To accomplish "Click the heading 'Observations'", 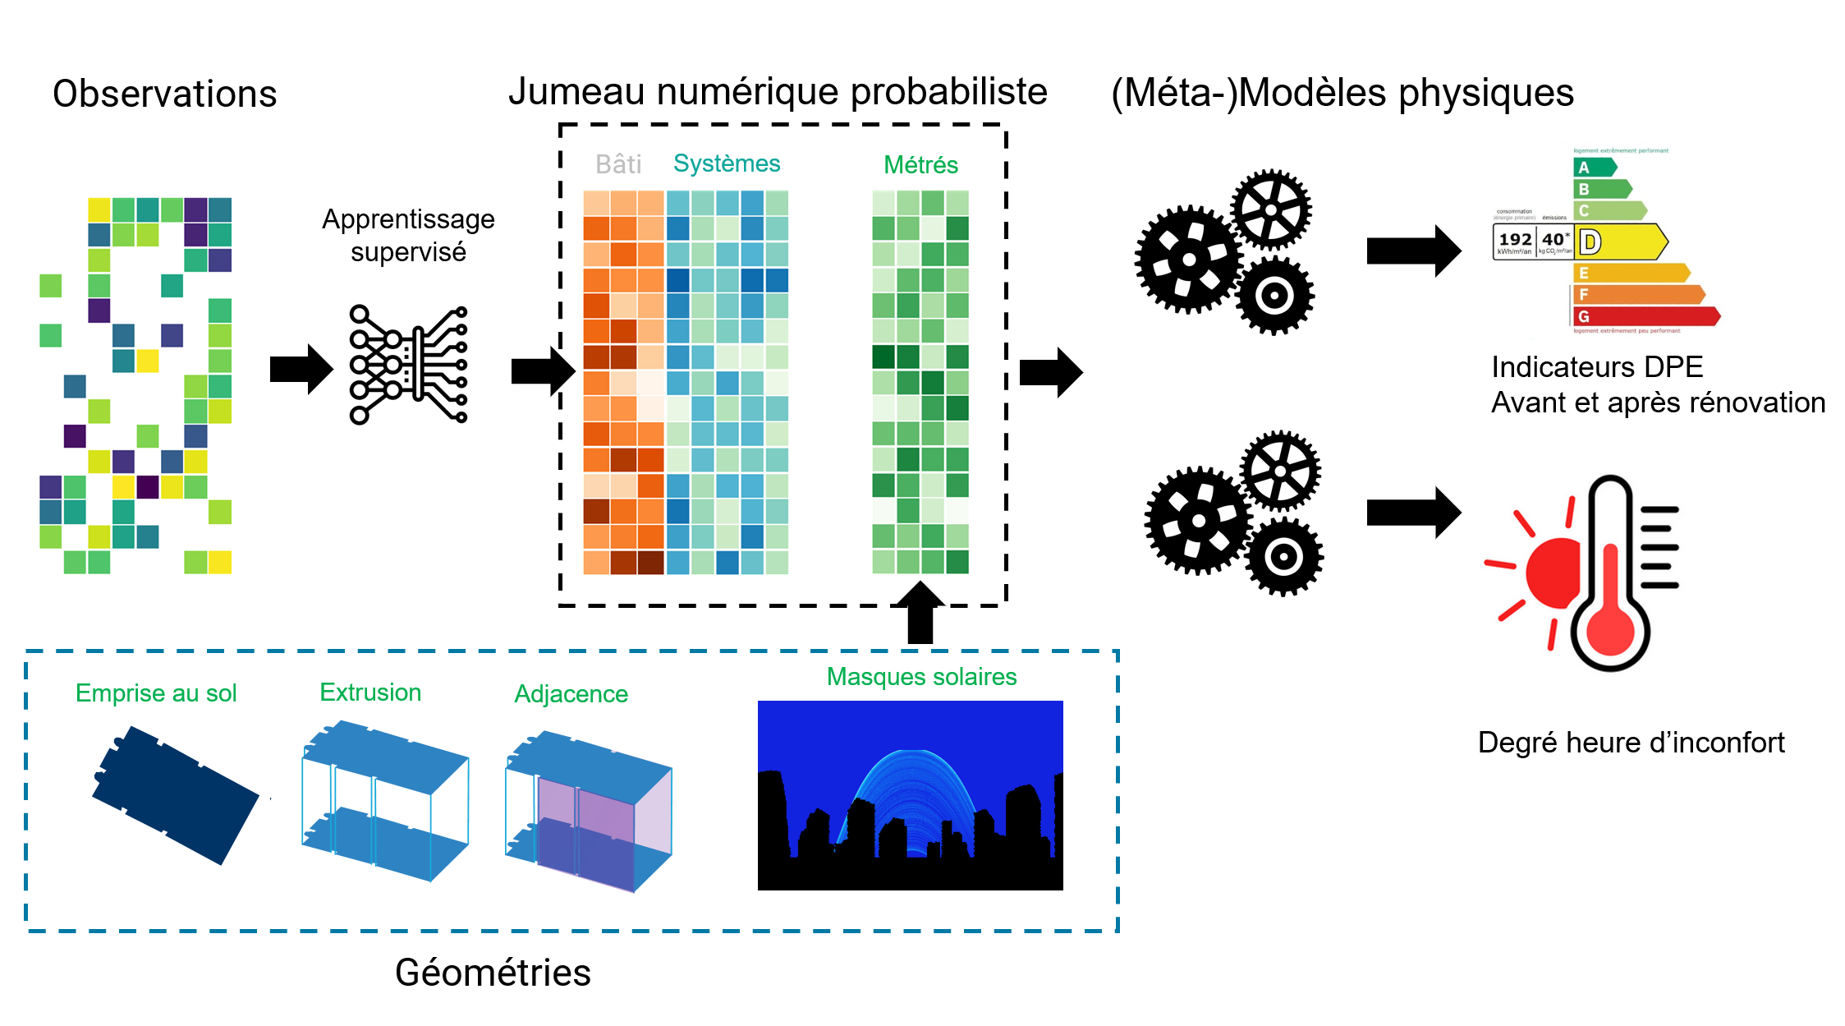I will click(164, 94).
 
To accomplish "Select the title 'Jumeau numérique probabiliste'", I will click(778, 91).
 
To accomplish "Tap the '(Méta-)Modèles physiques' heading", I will click(1342, 93).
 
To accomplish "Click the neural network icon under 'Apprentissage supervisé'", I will click(408, 364).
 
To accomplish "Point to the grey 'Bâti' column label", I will click(617, 164).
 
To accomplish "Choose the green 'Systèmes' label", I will click(727, 163).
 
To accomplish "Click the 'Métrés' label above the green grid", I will click(920, 165).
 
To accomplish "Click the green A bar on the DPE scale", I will click(1594, 168).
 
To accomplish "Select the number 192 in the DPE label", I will click(1515, 239).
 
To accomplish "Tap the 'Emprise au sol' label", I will click(156, 693).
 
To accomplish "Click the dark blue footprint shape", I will click(176, 794).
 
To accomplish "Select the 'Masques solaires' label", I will click(921, 677).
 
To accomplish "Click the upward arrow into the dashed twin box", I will click(920, 612).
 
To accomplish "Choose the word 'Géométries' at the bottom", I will click(493, 973).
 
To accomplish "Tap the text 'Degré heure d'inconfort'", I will click(1631, 743).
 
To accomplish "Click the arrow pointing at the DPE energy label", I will click(1413, 251).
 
